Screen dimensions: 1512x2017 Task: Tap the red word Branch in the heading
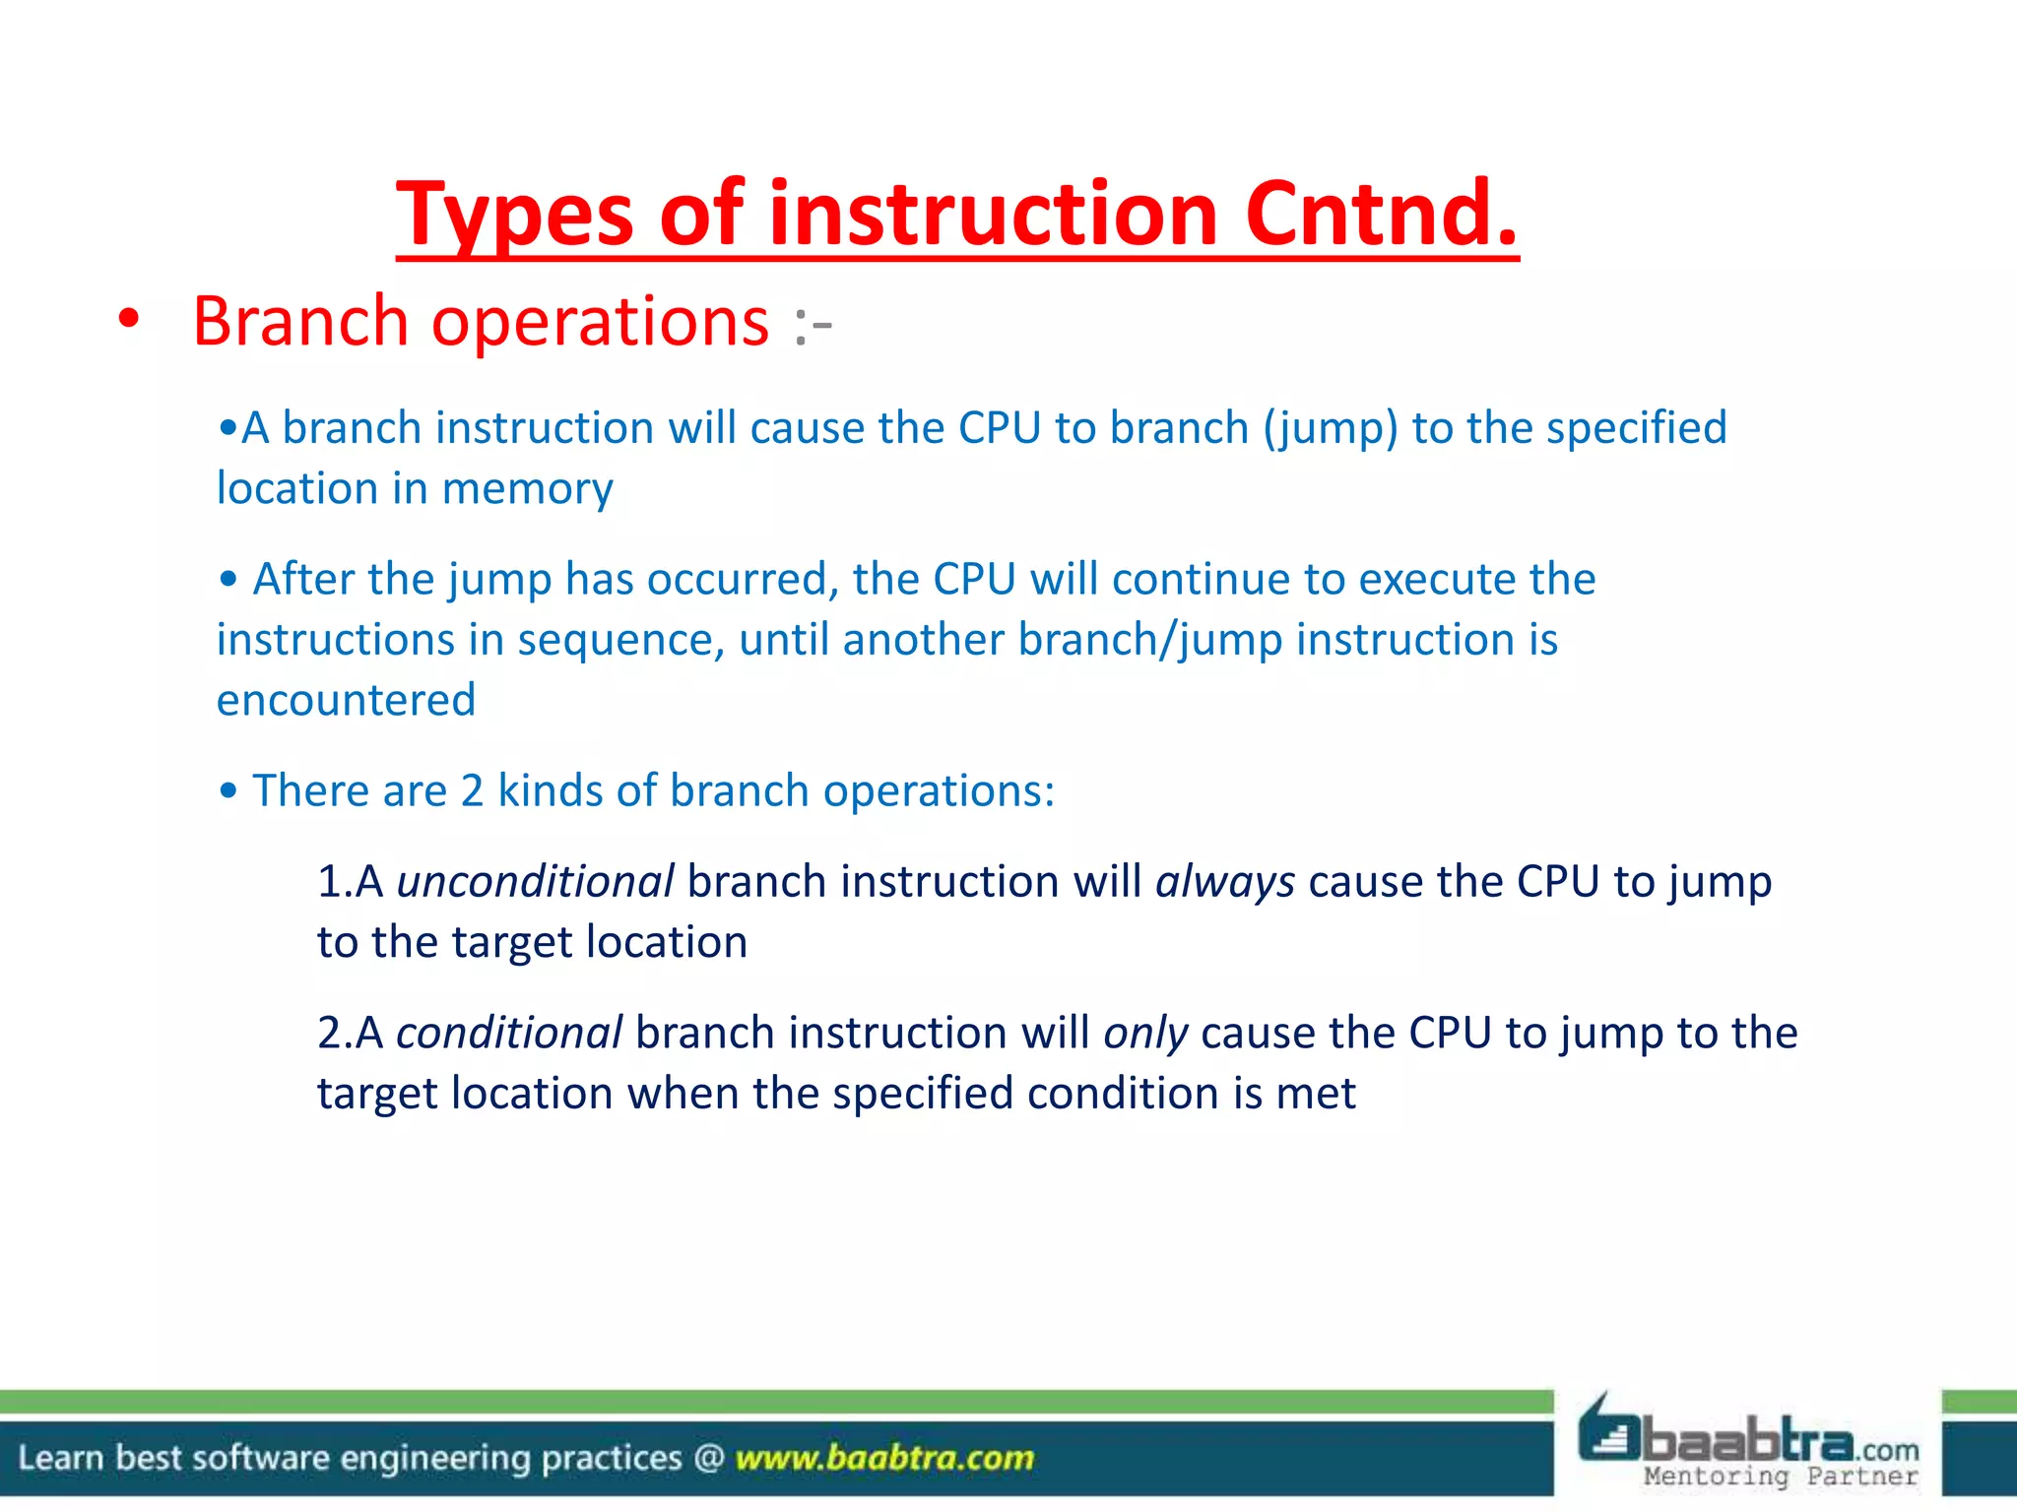coord(300,322)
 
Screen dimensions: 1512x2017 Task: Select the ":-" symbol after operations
coord(813,325)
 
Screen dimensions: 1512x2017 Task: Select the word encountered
coord(346,701)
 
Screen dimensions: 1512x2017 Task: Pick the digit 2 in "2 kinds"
coord(472,791)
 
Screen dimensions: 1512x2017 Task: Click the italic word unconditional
coord(535,882)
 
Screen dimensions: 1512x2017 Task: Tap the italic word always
coord(1224,882)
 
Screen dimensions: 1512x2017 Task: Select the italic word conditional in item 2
coord(508,1034)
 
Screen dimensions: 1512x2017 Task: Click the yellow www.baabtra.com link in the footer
coord(884,1457)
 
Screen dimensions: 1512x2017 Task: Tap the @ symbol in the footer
coord(708,1457)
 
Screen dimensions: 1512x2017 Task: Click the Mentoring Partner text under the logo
coord(1781,1476)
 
